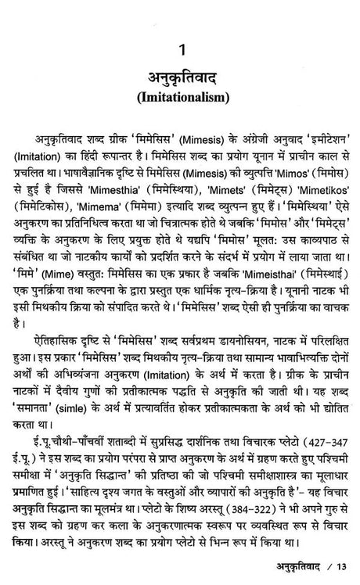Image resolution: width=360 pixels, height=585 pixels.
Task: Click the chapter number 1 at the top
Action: pyautogui.click(x=181, y=54)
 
